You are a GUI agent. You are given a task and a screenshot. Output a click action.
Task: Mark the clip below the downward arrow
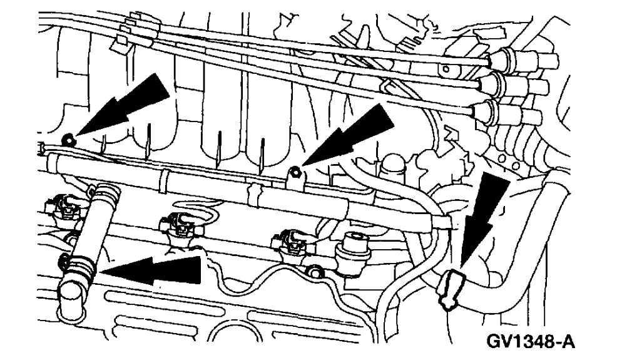click(x=452, y=289)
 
